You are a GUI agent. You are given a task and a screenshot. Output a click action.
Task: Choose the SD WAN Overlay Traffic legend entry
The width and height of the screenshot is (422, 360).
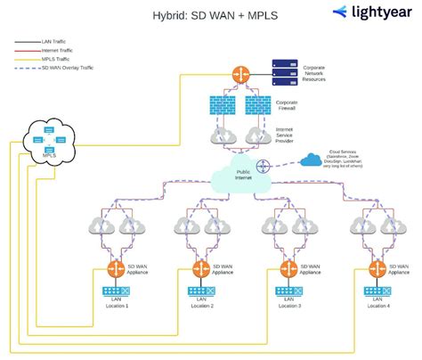[x=67, y=67]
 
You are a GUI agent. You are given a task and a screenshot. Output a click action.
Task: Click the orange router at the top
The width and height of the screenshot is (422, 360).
[x=240, y=75]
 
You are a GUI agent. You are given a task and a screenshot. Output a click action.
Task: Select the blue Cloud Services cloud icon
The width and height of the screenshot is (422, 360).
[x=310, y=160]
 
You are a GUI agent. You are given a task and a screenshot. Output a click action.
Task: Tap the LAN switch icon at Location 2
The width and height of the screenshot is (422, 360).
[x=201, y=292]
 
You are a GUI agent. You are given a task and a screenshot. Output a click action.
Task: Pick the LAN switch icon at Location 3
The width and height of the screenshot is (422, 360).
[x=287, y=292]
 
